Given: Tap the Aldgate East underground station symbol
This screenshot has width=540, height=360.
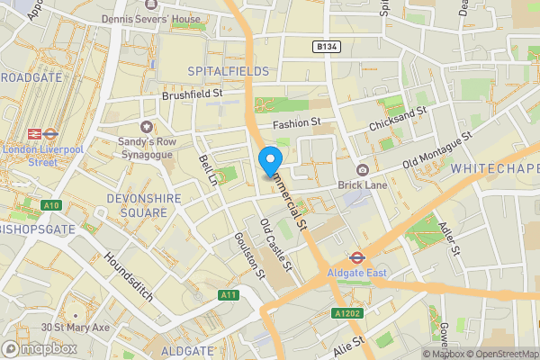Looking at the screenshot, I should coord(355,256).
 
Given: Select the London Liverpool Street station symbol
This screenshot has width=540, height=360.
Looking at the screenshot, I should coord(37,133).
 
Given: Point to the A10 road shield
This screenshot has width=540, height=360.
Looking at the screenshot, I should coord(50,205).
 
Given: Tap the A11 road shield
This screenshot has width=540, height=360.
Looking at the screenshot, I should coord(229,295).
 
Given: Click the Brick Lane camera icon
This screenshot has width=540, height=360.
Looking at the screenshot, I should coord(362,171).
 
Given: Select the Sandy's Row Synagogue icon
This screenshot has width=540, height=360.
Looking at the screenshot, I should coord(146,127).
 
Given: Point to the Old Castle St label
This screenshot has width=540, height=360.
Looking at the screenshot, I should coord(275,245).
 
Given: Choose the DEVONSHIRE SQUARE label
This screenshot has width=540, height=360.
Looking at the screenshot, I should coord(137,204).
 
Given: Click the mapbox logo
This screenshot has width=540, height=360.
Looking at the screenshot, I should coord(38,348).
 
